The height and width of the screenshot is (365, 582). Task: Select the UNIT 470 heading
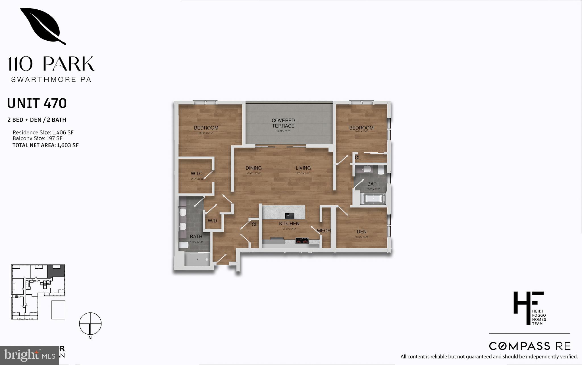pos(37,103)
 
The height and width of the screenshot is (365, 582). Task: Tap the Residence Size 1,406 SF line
pos(43,132)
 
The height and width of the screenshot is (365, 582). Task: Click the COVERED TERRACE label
pos(283,123)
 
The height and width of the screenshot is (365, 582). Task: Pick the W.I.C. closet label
pos(197,173)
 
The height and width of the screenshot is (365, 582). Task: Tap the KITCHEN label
pos(289,223)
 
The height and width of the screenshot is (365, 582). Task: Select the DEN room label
pos(361,232)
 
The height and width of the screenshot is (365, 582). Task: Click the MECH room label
pos(324,231)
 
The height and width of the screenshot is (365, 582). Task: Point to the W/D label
pos(212,221)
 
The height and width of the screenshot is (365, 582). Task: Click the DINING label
pos(253,168)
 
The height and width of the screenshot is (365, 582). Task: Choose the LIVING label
pos(303,168)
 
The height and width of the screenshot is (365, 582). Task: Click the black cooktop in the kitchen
pos(302,240)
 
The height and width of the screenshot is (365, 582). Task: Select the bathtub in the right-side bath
pos(374,199)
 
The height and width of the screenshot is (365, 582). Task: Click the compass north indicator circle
pos(90,323)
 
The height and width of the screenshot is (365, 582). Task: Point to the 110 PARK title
pos(51,64)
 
